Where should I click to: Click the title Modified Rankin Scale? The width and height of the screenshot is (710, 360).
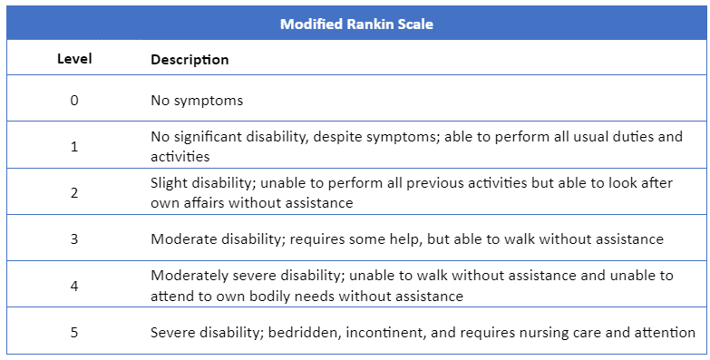coord(355,24)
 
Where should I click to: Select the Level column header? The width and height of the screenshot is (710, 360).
coord(73,60)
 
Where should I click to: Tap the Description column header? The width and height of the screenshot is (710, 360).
coord(190,60)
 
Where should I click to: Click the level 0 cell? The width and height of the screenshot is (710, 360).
coord(74,100)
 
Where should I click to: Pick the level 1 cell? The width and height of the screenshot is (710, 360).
coord(74,147)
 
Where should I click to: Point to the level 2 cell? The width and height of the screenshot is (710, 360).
coord(74,193)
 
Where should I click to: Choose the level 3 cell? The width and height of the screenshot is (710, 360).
coord(74,239)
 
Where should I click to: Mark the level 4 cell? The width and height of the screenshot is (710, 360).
coord(74,286)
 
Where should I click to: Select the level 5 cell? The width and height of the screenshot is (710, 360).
coord(74,333)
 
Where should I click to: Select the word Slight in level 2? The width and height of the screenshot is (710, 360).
coord(170,183)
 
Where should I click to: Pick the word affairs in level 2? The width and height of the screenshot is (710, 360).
coord(206,203)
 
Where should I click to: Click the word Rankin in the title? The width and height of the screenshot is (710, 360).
coord(367,24)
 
